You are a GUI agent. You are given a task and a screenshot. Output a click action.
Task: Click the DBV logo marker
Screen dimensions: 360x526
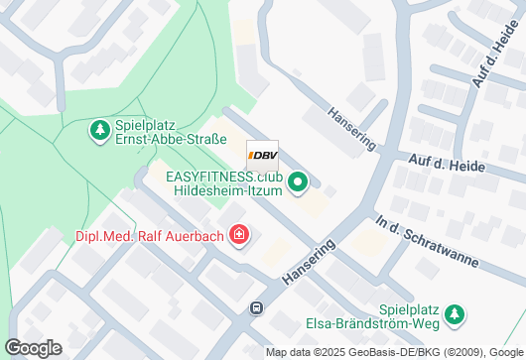coord(262,156)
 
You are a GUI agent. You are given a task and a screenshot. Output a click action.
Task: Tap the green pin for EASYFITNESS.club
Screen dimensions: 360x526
coord(300,182)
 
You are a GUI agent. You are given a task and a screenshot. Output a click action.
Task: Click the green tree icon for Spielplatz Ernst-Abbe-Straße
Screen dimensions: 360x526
coord(99,129)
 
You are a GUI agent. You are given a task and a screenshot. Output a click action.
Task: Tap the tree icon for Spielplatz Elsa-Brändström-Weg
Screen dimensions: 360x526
coord(456,314)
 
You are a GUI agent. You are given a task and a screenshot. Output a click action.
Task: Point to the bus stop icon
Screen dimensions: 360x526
coord(257,307)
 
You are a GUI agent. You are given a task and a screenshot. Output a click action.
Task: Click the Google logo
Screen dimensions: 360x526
coord(33,348)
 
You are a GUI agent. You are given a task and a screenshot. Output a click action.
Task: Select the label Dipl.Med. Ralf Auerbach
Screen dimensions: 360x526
coord(151,236)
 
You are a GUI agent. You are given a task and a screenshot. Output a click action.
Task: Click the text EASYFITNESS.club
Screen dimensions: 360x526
coord(224,177)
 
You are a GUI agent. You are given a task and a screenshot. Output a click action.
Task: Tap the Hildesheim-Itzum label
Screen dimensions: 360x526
coord(228,190)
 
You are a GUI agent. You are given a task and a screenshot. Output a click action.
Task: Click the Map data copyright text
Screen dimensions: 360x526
coord(394,353)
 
